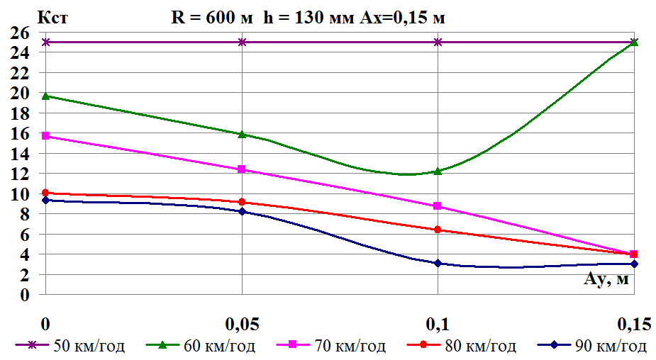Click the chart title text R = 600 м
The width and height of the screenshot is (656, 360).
(211, 18)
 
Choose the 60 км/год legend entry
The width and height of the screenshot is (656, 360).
(201, 346)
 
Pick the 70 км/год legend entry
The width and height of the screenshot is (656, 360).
(333, 346)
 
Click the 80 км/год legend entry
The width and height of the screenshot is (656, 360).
(464, 346)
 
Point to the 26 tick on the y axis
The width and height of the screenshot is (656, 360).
(19, 33)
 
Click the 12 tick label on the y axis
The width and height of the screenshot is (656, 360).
(19, 173)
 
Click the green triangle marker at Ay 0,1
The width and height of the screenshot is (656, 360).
(438, 171)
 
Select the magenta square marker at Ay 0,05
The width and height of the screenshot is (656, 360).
(242, 169)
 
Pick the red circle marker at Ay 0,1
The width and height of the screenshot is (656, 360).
(438, 230)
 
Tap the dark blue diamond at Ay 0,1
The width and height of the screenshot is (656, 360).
(438, 263)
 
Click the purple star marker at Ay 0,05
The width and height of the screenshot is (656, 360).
(242, 42)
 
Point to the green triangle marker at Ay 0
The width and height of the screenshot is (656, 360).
(46, 96)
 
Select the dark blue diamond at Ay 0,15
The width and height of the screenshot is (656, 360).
(634, 264)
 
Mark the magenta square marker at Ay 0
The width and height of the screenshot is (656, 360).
(46, 136)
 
